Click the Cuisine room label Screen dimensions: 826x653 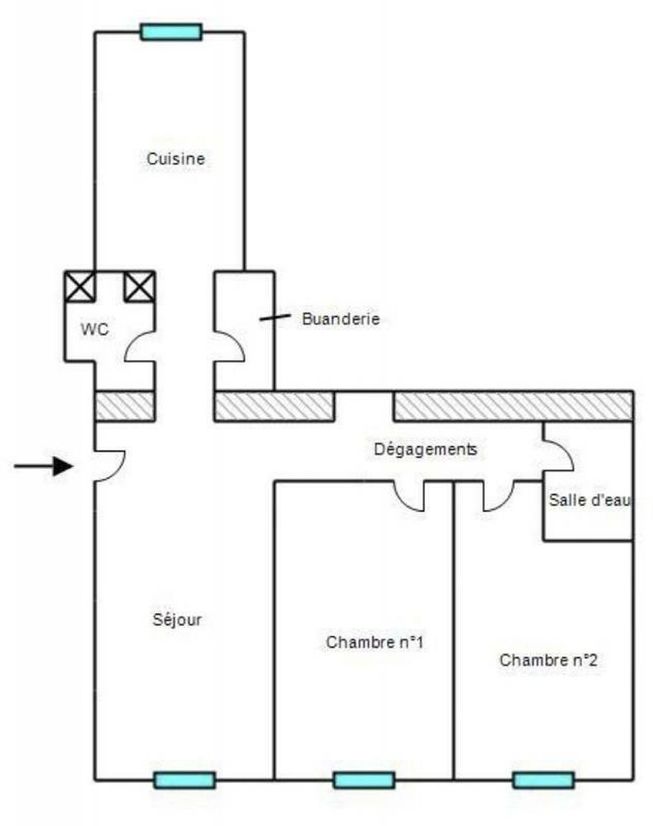[x=175, y=159]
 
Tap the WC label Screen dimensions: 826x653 [x=94, y=329]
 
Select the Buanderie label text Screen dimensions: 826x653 [x=341, y=318]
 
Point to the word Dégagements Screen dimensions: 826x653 [x=426, y=449]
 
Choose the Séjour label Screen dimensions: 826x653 [x=177, y=619]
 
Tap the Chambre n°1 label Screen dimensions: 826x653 [x=375, y=642]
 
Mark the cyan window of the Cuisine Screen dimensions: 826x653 [x=171, y=32]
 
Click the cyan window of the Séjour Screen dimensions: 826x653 [x=184, y=780]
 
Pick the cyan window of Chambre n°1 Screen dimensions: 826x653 [x=364, y=780]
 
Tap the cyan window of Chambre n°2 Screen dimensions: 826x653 [x=543, y=780]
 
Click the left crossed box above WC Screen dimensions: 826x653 [x=80, y=286]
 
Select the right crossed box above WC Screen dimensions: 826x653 [x=139, y=286]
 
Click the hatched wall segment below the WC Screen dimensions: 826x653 [x=125, y=406]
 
